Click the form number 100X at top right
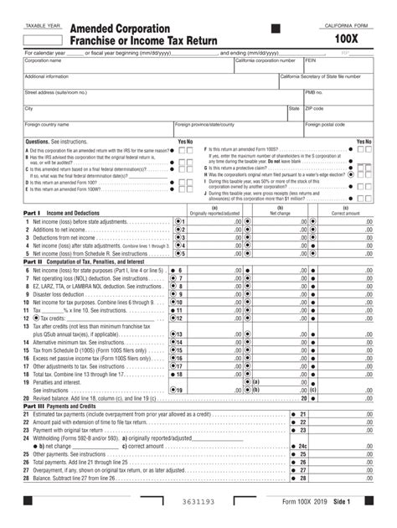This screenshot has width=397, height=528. [x=348, y=39]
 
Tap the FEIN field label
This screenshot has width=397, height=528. [x=311, y=61]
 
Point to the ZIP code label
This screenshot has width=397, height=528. [x=314, y=108]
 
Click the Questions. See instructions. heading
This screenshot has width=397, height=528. [x=54, y=142]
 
